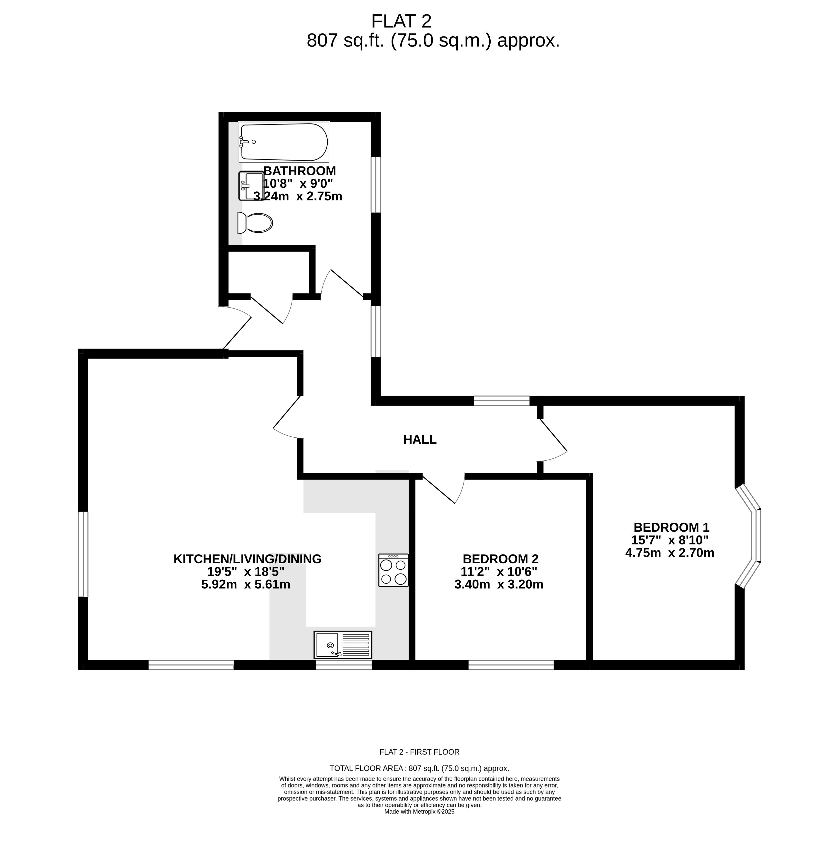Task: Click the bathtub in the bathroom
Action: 284,142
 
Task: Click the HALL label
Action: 420,439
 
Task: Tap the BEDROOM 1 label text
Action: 671,527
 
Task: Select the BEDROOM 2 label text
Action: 501,559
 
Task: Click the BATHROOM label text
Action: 300,171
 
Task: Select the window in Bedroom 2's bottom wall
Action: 511,665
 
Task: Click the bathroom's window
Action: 375,185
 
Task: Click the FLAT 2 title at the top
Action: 401,21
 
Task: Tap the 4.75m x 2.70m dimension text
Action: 670,553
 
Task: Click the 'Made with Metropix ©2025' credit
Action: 419,812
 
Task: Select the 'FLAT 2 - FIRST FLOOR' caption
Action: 419,752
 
